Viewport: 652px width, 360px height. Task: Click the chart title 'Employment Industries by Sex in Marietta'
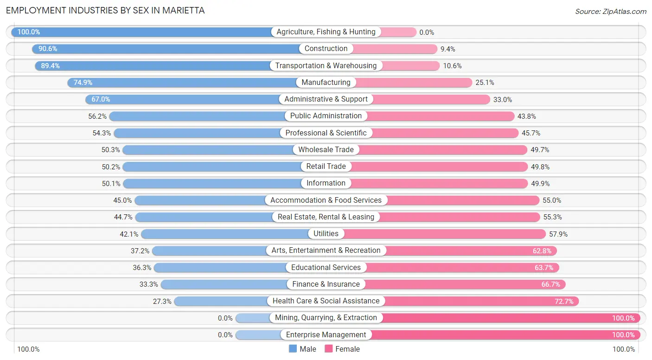pyautogui.click(x=105, y=10)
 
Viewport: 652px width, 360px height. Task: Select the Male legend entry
pyautogui.click(x=302, y=349)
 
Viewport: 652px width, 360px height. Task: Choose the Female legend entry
pyautogui.click(x=342, y=349)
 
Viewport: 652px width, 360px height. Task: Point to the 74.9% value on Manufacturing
pyautogui.click(x=83, y=83)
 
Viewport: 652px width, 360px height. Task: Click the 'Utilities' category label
pyautogui.click(x=326, y=234)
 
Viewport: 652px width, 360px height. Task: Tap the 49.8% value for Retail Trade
pyautogui.click(x=540, y=167)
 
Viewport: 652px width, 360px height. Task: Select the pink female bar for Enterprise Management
pyautogui.click(x=506, y=335)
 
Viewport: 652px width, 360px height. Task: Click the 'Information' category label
pyautogui.click(x=326, y=183)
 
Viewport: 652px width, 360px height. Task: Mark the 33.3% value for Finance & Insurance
pyautogui.click(x=149, y=284)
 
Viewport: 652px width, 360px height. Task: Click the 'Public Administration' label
pyautogui.click(x=326, y=116)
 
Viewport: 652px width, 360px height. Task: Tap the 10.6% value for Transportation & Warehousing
pyautogui.click(x=452, y=66)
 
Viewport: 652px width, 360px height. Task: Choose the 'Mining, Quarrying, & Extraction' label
pyautogui.click(x=326, y=318)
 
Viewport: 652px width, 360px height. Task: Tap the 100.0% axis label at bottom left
pyautogui.click(x=28, y=349)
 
